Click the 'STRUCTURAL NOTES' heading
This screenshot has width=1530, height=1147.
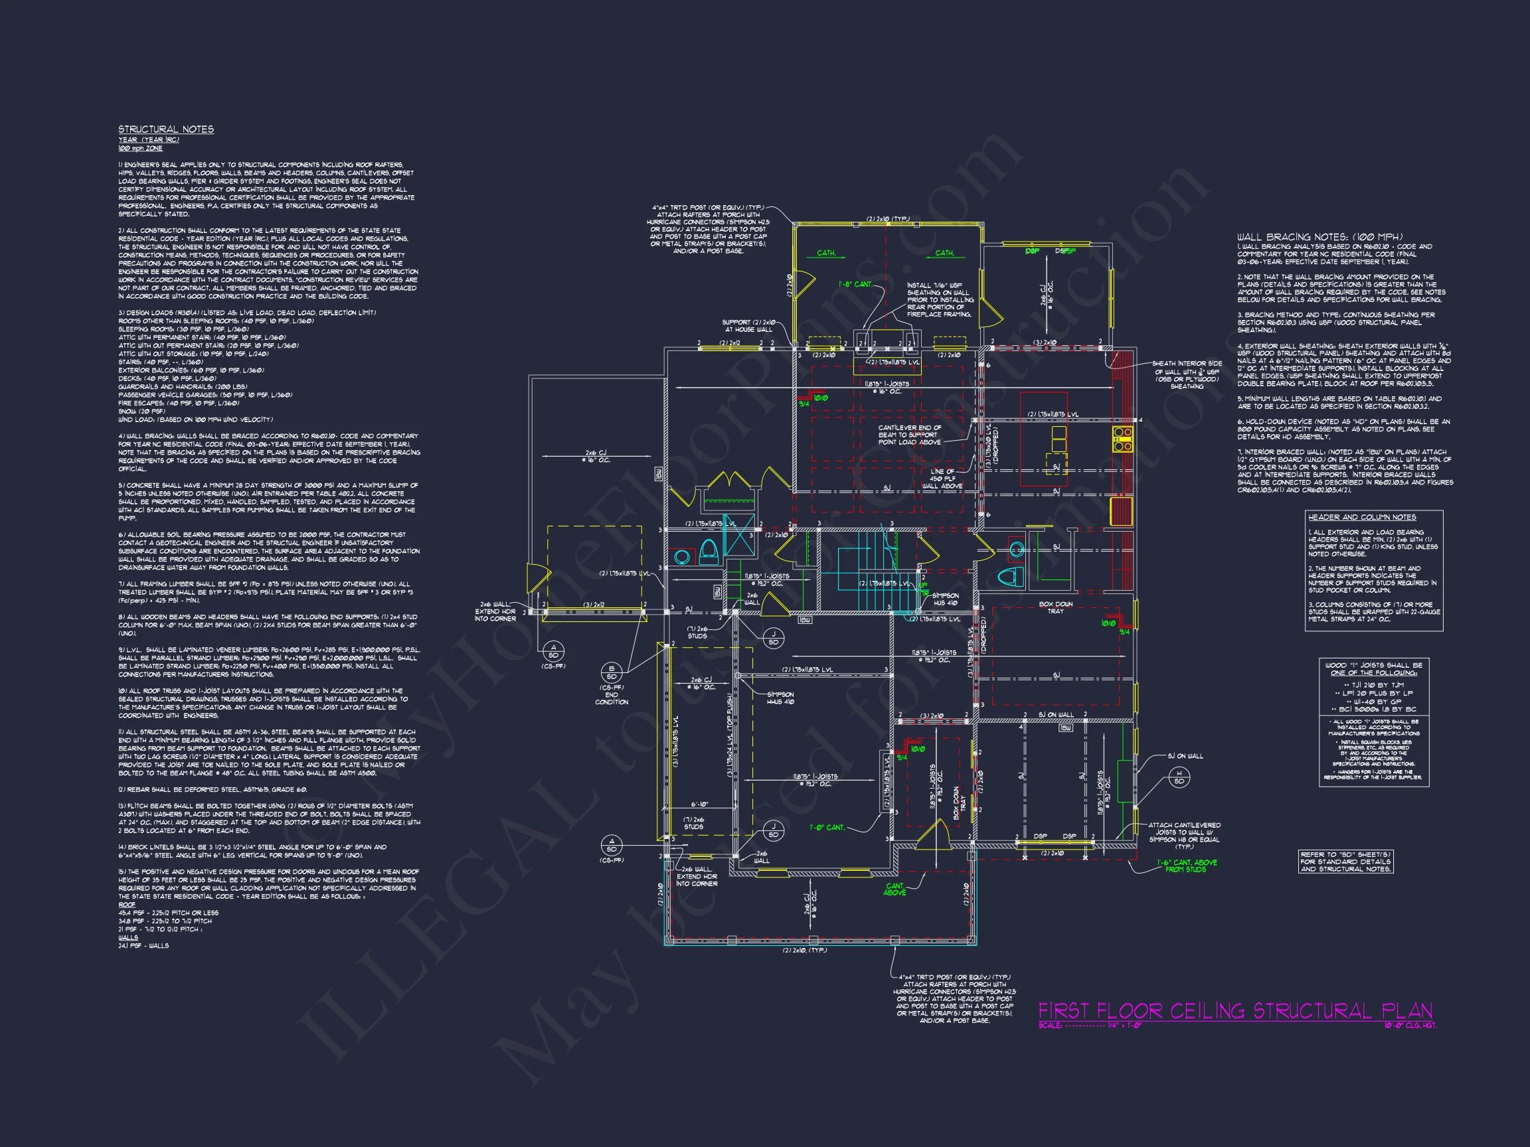tap(166, 129)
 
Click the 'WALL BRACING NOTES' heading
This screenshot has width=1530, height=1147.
tap(1319, 237)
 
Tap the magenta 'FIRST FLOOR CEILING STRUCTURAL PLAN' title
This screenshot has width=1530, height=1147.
tap(1235, 1012)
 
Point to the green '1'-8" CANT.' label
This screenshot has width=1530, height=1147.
tap(855, 284)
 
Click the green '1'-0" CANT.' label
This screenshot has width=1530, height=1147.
tap(827, 828)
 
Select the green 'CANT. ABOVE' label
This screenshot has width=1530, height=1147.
tap(894, 889)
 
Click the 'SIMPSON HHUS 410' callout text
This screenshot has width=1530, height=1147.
tap(780, 698)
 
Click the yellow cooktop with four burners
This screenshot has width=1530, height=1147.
tap(1122, 434)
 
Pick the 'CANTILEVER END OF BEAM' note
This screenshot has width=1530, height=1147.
tap(910, 435)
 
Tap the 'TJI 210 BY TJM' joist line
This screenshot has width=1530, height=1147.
tap(1373, 684)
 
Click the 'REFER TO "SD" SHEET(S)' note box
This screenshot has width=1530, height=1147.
tap(1345, 862)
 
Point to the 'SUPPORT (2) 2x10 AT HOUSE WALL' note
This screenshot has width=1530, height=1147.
tap(749, 326)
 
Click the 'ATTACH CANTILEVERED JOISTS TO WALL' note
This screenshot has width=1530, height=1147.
tap(1185, 836)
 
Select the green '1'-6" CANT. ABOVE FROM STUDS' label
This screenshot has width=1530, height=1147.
tap(1186, 866)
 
